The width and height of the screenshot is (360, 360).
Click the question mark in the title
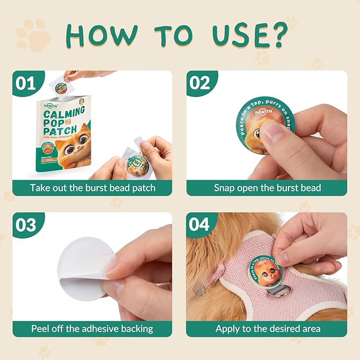click(x=277, y=36)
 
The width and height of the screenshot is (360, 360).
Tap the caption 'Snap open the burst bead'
click(x=267, y=188)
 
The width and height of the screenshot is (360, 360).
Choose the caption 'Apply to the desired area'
click(x=267, y=329)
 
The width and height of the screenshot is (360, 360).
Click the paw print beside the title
click(x=33, y=36)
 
